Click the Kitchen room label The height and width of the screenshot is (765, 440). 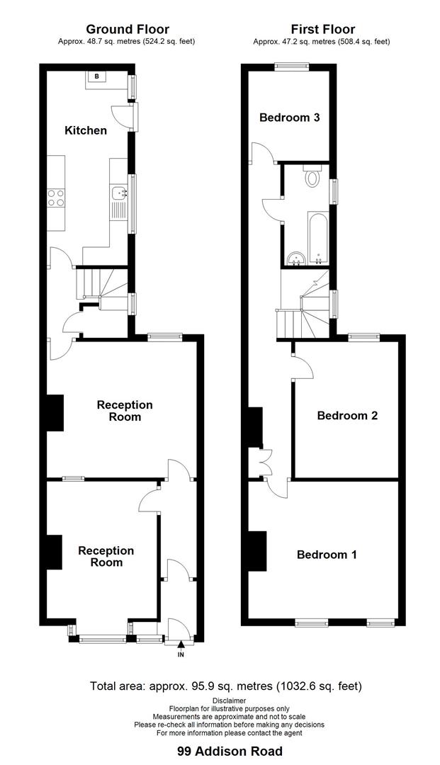[86, 130]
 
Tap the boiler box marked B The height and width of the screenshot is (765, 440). [96, 76]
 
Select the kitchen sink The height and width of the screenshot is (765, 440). [119, 192]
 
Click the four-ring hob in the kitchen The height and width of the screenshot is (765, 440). [55, 197]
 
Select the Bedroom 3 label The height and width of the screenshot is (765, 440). [289, 118]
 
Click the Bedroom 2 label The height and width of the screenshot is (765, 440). [347, 416]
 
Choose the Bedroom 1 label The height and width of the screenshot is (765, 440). [327, 555]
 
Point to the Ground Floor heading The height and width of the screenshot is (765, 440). [128, 29]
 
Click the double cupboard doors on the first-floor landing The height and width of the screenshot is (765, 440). [265, 461]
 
